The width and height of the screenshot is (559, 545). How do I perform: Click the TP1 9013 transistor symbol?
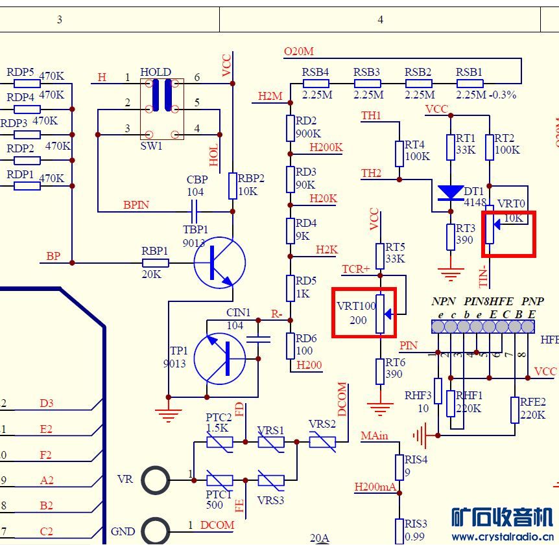pos(220,358)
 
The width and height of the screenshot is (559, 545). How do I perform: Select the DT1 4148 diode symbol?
pos(451,192)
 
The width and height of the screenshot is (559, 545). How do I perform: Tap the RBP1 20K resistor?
pos(156,262)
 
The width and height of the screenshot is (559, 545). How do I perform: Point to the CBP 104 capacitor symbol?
pos(194,211)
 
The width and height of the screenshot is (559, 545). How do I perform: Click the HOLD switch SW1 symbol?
pos(162,109)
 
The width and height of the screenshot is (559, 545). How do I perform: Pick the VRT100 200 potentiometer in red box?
pos(381,314)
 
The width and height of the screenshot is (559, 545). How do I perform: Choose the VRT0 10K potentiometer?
pos(491,225)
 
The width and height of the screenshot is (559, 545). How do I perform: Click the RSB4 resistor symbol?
pos(315,84)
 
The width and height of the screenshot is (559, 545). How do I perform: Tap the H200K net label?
pos(326,147)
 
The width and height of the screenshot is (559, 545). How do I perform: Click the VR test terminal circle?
pos(156,480)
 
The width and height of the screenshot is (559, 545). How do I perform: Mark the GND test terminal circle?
pos(156,531)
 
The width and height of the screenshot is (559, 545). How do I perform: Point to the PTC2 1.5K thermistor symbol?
pos(219,442)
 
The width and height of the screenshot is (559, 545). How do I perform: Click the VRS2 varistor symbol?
pos(322,442)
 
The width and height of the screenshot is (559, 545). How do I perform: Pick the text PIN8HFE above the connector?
pos(488,301)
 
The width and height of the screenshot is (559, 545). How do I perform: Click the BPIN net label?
pos(136,205)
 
